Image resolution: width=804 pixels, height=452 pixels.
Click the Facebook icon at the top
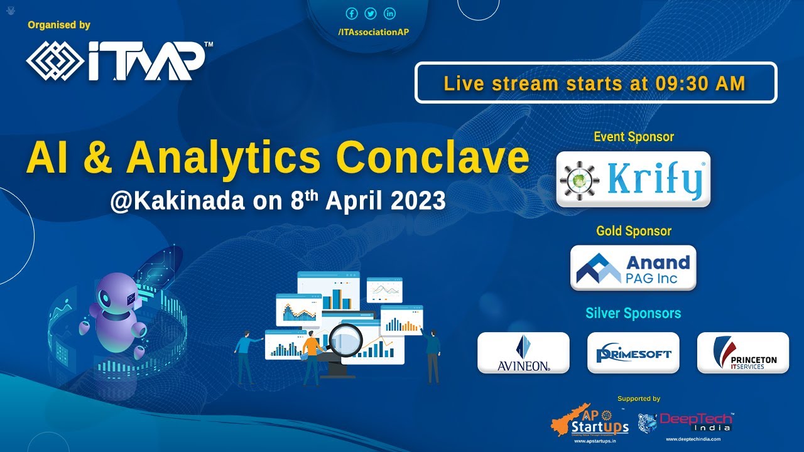tap(352, 14)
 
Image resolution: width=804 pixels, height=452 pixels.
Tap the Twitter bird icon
tap(371, 14)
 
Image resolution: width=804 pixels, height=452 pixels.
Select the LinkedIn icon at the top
tap(389, 14)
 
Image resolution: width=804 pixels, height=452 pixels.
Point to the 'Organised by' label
tap(59, 25)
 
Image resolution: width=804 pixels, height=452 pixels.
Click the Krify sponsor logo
tap(633, 180)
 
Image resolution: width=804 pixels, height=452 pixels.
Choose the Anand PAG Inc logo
tap(633, 268)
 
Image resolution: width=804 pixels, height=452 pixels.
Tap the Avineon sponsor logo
tap(523, 353)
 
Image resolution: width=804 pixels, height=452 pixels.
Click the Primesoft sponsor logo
tap(633, 353)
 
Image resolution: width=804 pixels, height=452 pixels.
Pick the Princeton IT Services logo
tap(742, 353)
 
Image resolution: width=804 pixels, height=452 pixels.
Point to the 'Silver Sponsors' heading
tap(633, 313)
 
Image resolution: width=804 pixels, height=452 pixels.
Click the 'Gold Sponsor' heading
tap(633, 231)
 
